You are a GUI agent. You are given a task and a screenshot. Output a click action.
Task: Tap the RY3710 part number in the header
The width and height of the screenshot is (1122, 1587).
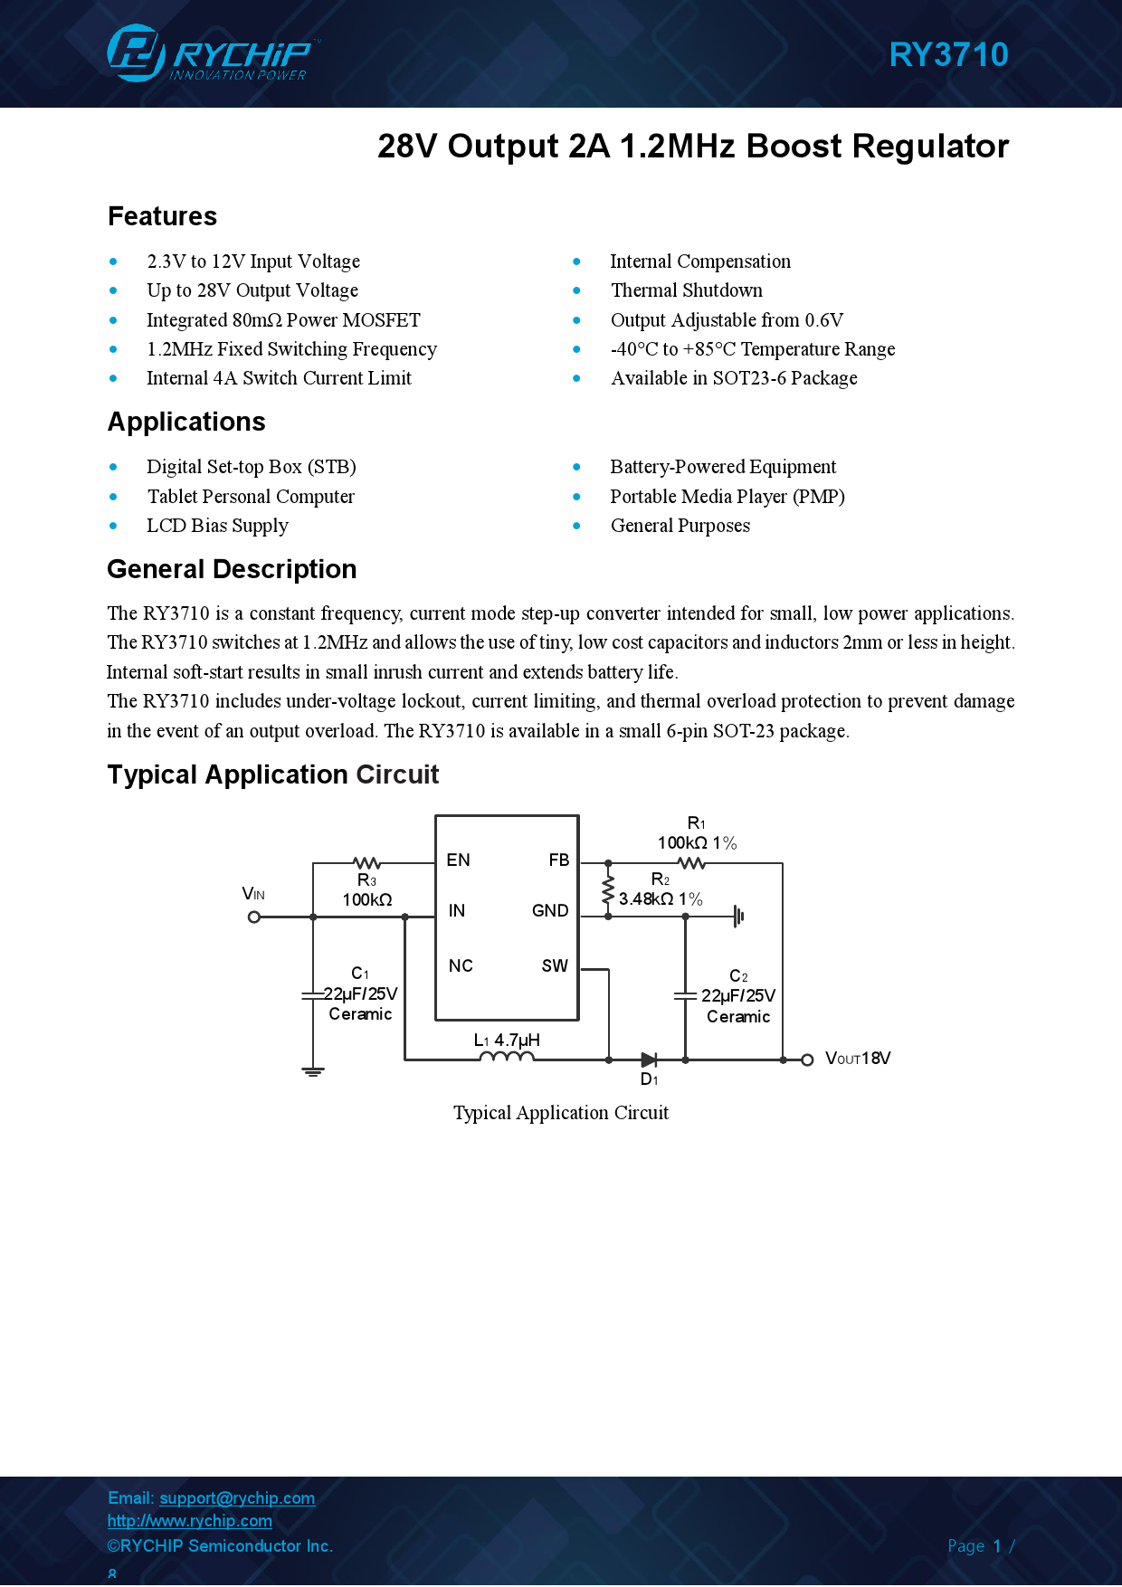(948, 55)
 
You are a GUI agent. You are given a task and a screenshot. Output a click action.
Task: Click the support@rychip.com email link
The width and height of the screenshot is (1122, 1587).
(237, 1498)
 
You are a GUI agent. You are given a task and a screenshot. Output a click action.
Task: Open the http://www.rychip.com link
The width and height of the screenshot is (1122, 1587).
(189, 1521)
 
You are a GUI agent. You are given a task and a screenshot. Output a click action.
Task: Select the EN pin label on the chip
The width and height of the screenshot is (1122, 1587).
(458, 860)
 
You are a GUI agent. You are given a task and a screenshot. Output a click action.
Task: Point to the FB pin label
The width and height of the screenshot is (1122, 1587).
(559, 860)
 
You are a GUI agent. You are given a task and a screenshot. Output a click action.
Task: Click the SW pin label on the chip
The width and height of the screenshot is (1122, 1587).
(555, 966)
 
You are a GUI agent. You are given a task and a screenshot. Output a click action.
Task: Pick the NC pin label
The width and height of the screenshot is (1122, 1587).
(461, 966)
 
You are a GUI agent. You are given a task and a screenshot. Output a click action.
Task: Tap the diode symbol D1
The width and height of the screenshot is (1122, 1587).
(649, 1060)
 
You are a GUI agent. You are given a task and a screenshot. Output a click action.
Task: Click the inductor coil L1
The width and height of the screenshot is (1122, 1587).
(507, 1057)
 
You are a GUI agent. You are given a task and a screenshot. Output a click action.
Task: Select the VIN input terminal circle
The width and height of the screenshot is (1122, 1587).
(254, 917)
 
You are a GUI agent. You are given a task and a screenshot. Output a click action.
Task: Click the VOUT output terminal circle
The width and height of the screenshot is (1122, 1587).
(807, 1060)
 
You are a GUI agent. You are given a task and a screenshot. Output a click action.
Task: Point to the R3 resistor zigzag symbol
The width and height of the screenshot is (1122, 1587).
(366, 863)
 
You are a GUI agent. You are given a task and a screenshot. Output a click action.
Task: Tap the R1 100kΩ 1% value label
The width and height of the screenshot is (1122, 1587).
(697, 843)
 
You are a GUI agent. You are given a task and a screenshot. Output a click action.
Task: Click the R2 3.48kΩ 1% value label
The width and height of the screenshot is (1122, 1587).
(661, 899)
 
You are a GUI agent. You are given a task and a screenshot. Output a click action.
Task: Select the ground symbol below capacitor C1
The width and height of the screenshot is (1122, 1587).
(313, 1072)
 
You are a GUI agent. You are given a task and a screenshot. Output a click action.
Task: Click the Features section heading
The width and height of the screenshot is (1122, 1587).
(163, 217)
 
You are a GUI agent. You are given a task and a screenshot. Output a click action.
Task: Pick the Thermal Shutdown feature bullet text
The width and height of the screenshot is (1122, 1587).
(686, 290)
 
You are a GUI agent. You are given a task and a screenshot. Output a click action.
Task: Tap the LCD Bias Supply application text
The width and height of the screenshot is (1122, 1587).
(217, 526)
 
